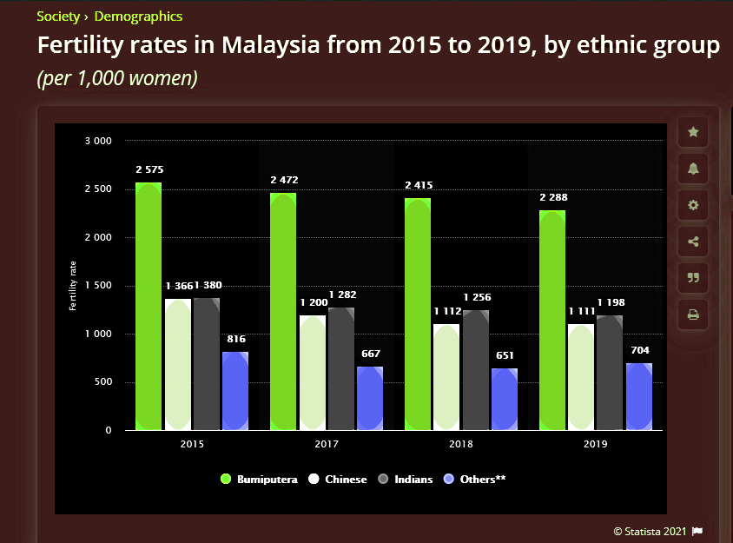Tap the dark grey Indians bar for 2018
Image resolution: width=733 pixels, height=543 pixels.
(x=476, y=370)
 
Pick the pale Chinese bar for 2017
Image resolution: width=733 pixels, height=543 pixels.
(x=313, y=373)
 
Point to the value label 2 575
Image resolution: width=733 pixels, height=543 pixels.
(x=149, y=169)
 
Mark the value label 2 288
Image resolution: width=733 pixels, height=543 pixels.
(x=552, y=197)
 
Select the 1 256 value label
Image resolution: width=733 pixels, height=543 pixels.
(x=477, y=297)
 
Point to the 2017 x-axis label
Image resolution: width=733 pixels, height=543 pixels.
(x=327, y=445)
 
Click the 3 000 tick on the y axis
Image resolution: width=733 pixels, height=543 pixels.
(x=97, y=141)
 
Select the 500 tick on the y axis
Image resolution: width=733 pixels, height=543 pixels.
(x=102, y=382)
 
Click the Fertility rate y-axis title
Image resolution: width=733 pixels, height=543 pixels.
(x=73, y=285)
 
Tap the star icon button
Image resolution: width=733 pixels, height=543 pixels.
(x=693, y=132)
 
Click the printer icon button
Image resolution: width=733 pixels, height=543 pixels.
(x=693, y=315)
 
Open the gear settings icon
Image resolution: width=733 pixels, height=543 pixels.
(x=693, y=205)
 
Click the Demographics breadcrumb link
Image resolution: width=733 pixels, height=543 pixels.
(x=138, y=17)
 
